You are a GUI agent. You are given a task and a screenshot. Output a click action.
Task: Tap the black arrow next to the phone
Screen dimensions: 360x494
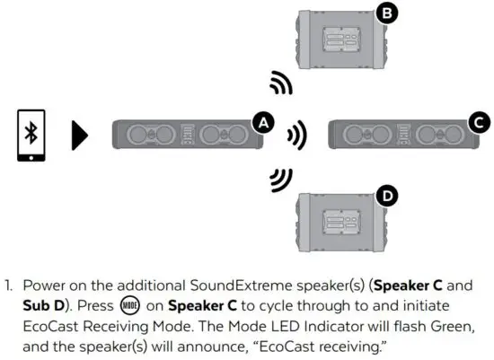(x=80, y=136)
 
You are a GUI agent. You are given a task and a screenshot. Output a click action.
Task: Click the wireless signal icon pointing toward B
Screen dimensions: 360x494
(x=281, y=85)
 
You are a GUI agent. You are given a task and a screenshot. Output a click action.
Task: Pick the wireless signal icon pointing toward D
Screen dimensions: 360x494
(x=281, y=180)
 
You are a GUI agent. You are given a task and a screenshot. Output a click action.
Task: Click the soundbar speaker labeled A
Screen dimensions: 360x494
(x=187, y=136)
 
